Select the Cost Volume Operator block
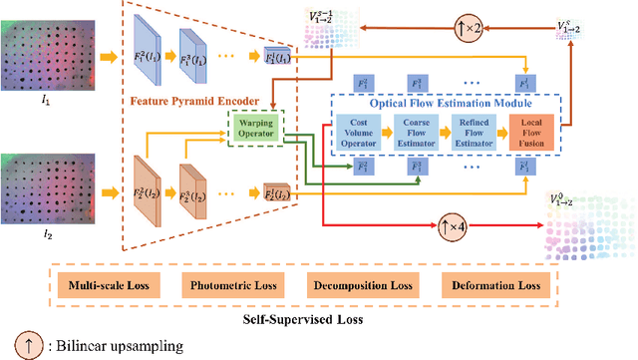[x=357, y=132]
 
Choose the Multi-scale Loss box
[x=109, y=287]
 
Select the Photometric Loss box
[x=231, y=287]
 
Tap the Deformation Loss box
[x=493, y=287]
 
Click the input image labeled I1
[x=47, y=52]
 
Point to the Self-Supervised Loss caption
[x=301, y=321]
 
